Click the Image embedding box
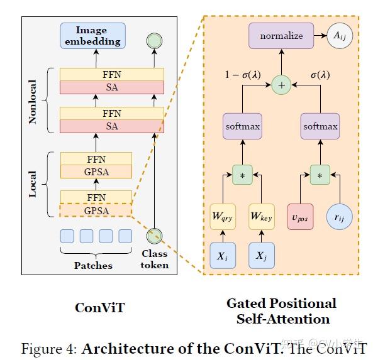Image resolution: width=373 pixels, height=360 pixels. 92,36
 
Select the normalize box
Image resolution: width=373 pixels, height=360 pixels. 281,36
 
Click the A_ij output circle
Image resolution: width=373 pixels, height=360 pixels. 340,37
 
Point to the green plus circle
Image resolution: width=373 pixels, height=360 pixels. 282,85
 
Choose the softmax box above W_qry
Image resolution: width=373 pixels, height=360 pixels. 242,126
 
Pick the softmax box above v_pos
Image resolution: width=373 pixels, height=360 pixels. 320,126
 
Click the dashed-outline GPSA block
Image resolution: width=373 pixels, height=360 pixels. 96,211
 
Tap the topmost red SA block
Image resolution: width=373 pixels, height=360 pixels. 111,87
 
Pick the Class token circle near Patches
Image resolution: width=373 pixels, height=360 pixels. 153,236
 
